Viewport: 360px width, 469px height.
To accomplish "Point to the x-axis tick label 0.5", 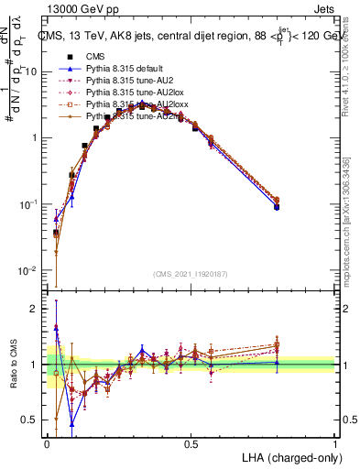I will pyautogui.click(x=191, y=442).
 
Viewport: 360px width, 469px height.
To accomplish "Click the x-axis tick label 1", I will pyautogui.click(x=335, y=442).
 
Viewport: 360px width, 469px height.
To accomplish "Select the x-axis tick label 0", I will pyautogui.click(x=48, y=442).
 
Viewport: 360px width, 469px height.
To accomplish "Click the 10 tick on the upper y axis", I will pyautogui.click(x=32, y=71).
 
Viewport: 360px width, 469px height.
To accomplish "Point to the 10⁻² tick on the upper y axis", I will pyautogui.click(x=30, y=270).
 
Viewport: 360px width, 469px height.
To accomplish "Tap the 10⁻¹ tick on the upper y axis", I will pyautogui.click(x=30, y=204).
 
